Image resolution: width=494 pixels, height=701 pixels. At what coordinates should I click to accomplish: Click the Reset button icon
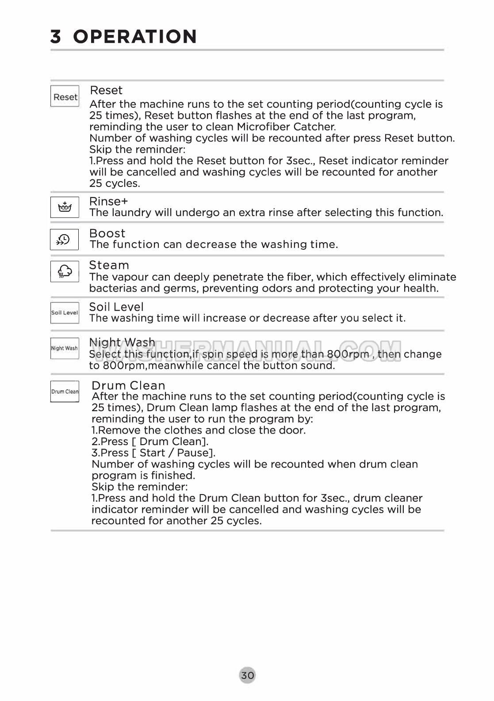65,96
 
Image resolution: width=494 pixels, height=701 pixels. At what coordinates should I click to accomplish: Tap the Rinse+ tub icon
65,207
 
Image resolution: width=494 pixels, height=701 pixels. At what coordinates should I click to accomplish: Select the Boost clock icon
64,240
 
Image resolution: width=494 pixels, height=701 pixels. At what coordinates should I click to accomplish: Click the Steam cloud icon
65,271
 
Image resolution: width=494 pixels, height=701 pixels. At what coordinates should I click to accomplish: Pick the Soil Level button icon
65,313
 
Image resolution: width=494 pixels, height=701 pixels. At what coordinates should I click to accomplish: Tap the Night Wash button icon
65,348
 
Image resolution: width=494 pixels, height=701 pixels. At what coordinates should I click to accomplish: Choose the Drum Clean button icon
65,392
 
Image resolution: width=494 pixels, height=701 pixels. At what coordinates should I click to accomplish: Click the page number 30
247,675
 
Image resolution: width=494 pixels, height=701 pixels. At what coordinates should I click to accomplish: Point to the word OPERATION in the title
135,37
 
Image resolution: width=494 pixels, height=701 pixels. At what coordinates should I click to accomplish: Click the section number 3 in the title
56,37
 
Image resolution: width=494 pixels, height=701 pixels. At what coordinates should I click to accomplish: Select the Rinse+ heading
108,202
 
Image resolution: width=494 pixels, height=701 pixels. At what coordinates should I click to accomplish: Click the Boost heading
107,233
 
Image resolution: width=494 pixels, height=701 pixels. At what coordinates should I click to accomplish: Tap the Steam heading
109,265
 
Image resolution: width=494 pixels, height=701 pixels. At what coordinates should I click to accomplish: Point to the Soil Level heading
116,307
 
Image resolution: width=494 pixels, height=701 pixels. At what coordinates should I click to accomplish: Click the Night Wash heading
122,343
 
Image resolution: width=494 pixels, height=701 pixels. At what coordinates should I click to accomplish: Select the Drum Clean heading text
128,385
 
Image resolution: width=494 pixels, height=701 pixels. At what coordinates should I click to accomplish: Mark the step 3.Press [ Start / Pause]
153,453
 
